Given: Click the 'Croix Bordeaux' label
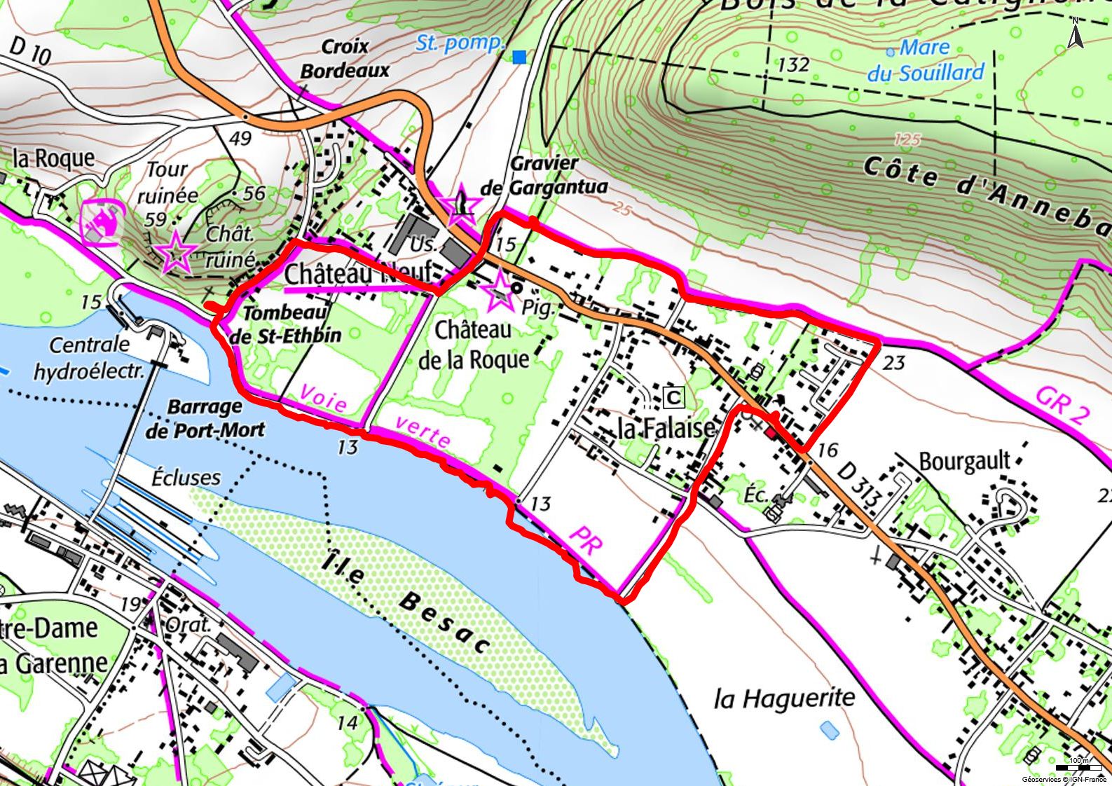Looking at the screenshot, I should [x=344, y=58].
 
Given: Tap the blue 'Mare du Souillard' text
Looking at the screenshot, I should [x=925, y=60].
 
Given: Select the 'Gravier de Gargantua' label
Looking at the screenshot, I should [x=544, y=175].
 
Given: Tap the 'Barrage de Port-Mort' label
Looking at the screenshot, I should [x=205, y=418].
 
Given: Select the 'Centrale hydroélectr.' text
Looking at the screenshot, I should [x=89, y=357].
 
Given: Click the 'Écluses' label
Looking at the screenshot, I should [x=186, y=478].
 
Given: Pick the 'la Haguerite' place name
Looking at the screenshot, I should [x=785, y=698].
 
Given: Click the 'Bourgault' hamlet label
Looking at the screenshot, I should [x=965, y=461].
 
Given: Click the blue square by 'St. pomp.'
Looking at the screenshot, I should [x=519, y=57].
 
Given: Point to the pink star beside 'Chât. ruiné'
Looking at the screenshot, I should [x=176, y=252].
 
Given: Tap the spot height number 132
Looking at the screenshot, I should [x=794, y=65].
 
